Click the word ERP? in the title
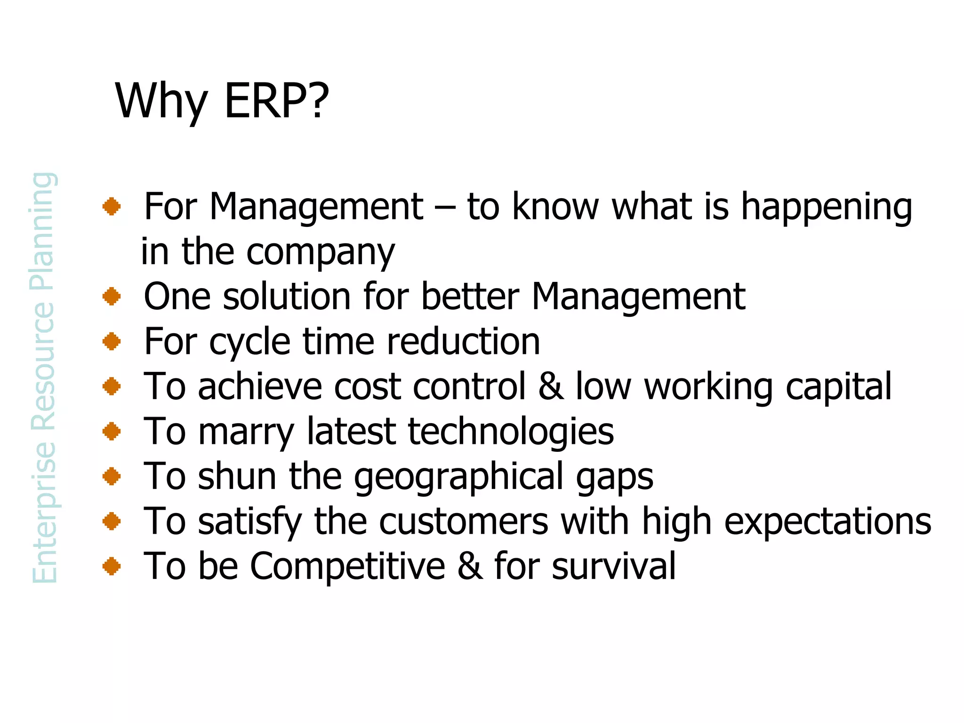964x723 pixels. coord(277,101)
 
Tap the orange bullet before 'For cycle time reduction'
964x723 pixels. coord(112,341)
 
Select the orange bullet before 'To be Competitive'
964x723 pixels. coord(112,566)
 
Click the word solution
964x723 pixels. coord(287,297)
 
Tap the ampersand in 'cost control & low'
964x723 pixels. coord(551,386)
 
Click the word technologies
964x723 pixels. coord(511,432)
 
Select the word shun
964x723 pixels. coord(237,476)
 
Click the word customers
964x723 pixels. coord(464,522)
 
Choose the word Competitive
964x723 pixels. coord(347,566)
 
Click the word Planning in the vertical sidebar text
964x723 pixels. coord(43,232)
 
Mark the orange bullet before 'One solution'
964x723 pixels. coord(112,297)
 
